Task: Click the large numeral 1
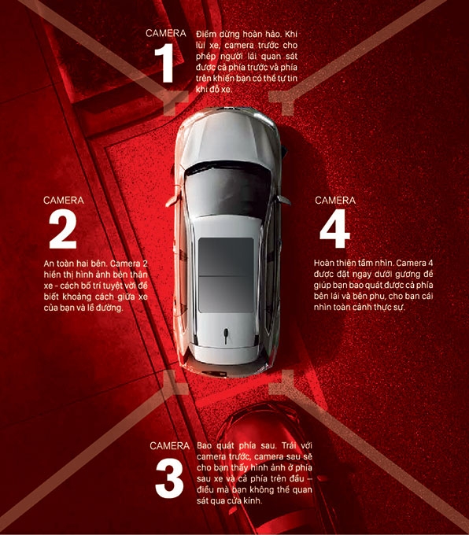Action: pyautogui.click(x=165, y=63)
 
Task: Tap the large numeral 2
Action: pyautogui.click(x=63, y=229)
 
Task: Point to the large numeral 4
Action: pyautogui.click(x=334, y=229)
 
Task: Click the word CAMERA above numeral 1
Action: pyautogui.click(x=166, y=33)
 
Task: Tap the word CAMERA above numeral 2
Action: pyautogui.click(x=64, y=201)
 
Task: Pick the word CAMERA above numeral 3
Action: pyautogui.click(x=169, y=446)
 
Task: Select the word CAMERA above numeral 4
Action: pyautogui.click(x=335, y=201)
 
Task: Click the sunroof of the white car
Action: pyautogui.click(x=226, y=275)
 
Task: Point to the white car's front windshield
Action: pyautogui.click(x=227, y=190)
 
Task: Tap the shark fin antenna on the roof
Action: pyautogui.click(x=226, y=335)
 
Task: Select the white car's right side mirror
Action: pyautogui.click(x=283, y=200)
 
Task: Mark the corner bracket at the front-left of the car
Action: pyautogui.click(x=175, y=101)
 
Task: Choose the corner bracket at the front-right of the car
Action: pyautogui.click(x=282, y=101)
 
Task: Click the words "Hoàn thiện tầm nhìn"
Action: pyautogui.click(x=354, y=264)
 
